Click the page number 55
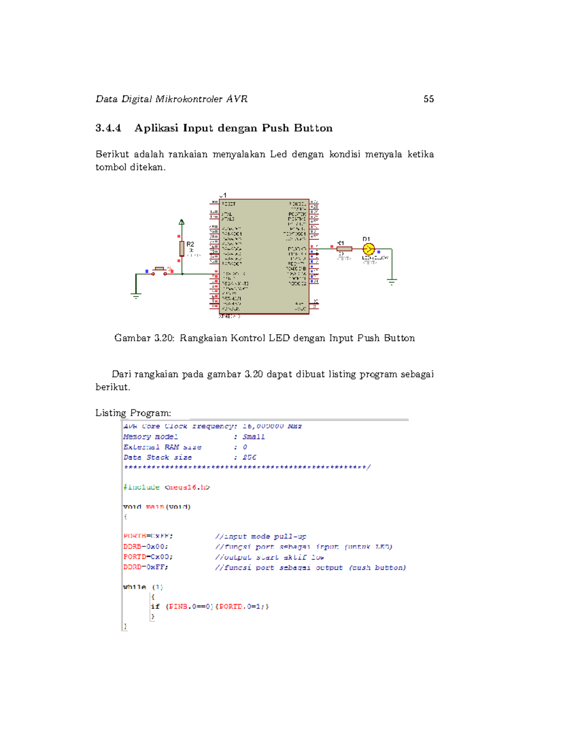tap(429, 99)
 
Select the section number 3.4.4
tap(108, 128)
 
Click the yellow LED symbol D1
tap(368, 249)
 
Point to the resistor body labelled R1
tap(344, 249)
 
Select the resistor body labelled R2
tap(182, 248)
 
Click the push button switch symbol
tap(159, 271)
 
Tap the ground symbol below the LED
tap(392, 282)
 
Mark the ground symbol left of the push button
tap(136, 295)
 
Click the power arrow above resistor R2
tap(182, 222)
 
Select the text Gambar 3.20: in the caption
tap(144, 338)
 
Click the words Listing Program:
tap(133, 413)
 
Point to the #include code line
tap(166, 487)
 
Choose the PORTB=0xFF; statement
tap(148, 536)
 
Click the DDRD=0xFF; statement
tap(145, 567)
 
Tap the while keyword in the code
tap(134, 587)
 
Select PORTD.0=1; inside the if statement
tap(241, 607)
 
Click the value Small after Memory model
tap(253, 437)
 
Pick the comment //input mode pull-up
tap(261, 536)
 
